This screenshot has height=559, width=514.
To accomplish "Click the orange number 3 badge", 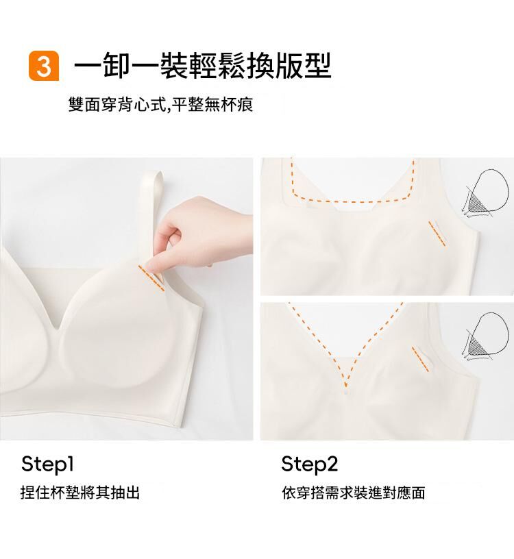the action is [43, 66].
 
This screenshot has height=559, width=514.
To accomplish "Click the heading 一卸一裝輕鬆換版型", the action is [202, 66].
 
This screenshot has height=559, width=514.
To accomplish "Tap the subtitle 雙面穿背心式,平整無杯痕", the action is [160, 104].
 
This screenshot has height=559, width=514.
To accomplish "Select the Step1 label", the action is [47, 464].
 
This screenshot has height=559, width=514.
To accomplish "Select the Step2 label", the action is [309, 464].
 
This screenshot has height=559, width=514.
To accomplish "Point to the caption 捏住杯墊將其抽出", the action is [80, 493].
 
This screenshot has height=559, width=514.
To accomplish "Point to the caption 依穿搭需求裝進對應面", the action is [354, 493].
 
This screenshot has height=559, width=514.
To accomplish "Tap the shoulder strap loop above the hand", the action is [153, 199].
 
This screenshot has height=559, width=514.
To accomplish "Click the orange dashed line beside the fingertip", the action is [151, 278].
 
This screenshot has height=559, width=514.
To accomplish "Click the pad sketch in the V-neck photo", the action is [485, 337].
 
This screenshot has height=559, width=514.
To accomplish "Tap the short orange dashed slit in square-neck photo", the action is [437, 234].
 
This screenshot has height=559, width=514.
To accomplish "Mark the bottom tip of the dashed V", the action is [345, 387].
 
